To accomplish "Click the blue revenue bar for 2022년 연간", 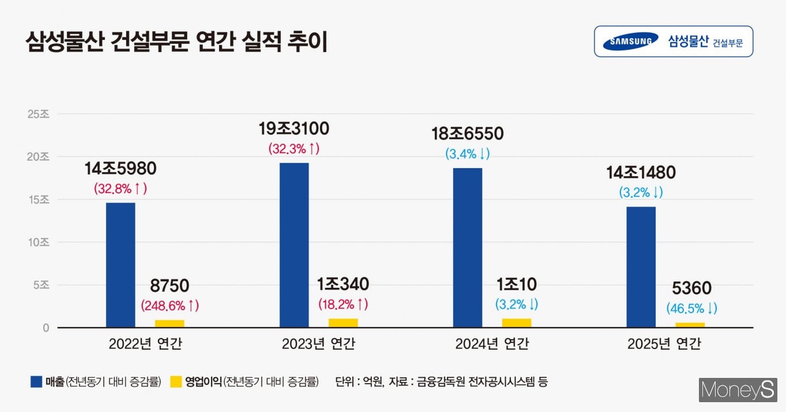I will pyautogui.click(x=121, y=264).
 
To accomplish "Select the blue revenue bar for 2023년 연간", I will pyautogui.click(x=294, y=245).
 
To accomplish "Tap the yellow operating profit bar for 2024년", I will pyautogui.click(x=516, y=323).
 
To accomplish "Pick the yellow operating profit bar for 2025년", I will pyautogui.click(x=690, y=325).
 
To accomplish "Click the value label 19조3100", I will pyautogui.click(x=294, y=129).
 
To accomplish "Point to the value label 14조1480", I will pyautogui.click(x=641, y=173).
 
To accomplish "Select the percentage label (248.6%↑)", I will pyautogui.click(x=170, y=306).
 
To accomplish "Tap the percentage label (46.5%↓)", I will pyautogui.click(x=692, y=308).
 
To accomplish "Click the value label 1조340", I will pyautogui.click(x=344, y=285).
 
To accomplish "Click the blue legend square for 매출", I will pyautogui.click(x=37, y=381).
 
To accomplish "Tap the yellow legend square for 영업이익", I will pyautogui.click(x=176, y=381).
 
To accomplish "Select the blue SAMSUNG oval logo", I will pyautogui.click(x=630, y=41).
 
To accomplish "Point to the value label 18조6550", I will pyautogui.click(x=467, y=134).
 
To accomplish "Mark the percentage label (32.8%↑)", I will pyautogui.click(x=121, y=188).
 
